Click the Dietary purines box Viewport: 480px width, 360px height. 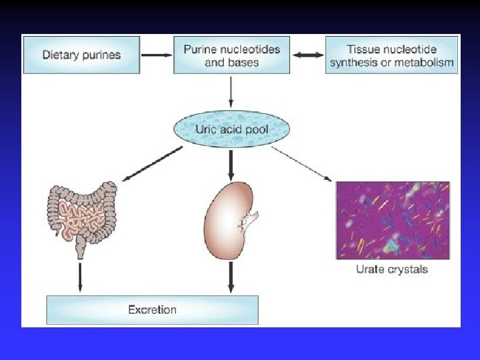tap(81, 55)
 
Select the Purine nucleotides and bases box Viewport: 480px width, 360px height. tap(232, 55)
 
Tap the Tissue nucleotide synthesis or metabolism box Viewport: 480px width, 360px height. tap(392, 55)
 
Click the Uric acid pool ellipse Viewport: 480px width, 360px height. tap(232, 129)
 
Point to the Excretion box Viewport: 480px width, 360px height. tap(152, 309)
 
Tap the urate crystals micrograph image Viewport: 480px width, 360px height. tap(393, 219)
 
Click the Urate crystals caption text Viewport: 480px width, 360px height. tap(392, 269)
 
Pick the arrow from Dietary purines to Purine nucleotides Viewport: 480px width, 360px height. tap(157, 55)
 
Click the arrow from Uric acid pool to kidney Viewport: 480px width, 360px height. tap(231, 164)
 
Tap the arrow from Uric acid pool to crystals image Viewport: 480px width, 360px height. tap(303, 163)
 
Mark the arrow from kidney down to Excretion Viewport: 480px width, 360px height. tap(231, 276)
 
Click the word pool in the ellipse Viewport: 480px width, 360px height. tap(255, 129)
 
